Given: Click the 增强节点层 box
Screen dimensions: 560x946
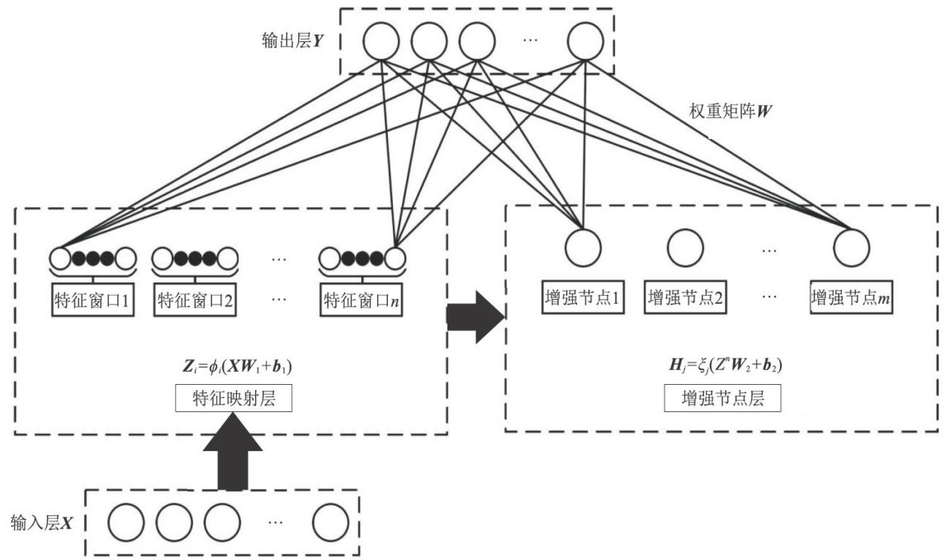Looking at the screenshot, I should [722, 400].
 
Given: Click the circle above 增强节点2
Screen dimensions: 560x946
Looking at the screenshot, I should [685, 246].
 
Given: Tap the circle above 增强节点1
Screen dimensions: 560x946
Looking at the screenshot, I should [583, 246].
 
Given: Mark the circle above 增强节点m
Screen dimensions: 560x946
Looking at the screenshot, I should [852, 246].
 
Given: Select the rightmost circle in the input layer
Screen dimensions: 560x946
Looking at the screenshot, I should [330, 522].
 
